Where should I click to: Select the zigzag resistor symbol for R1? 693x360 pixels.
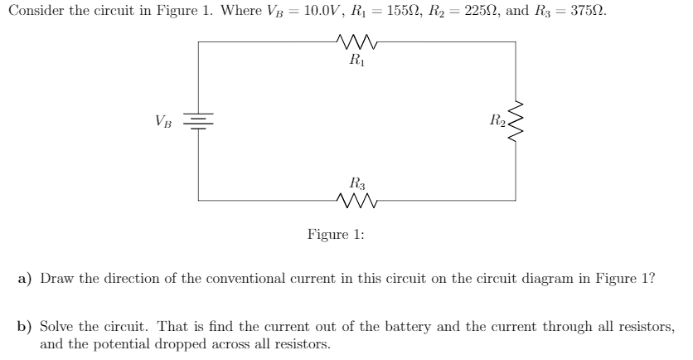coord(356,41)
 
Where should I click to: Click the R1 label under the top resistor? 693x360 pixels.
coord(356,60)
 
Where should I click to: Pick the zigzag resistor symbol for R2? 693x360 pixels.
coord(516,121)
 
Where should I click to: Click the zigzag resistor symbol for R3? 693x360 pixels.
coord(356,200)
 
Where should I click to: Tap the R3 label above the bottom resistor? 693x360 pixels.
coord(356,182)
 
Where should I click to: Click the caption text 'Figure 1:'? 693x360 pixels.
coord(336,235)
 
